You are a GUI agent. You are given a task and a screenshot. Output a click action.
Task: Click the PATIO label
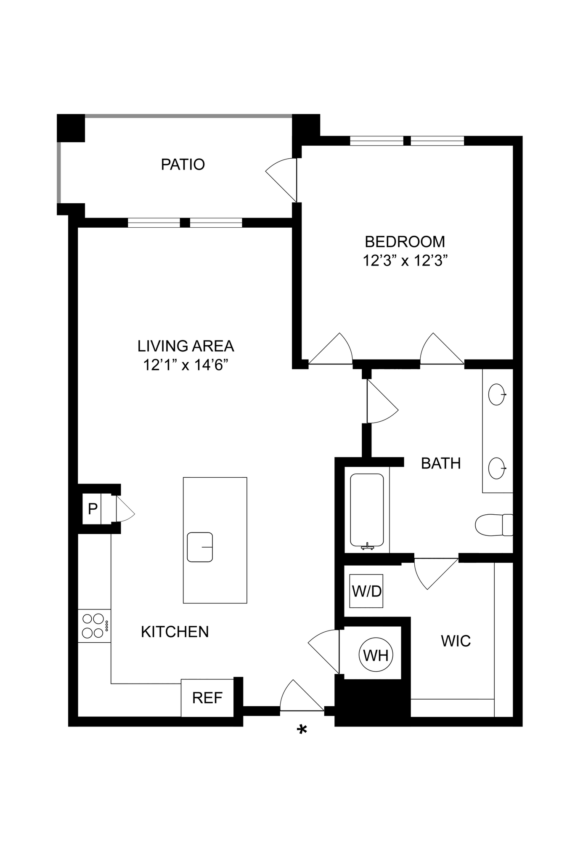point(183,164)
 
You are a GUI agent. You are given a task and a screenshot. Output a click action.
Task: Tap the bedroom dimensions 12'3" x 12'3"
point(404,261)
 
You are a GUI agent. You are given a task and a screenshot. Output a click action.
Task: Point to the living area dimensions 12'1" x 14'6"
point(185,365)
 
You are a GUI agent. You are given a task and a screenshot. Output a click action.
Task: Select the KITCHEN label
point(175,632)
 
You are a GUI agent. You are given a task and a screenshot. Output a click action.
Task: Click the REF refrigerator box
point(207,698)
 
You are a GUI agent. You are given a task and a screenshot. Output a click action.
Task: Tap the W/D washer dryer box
point(366,591)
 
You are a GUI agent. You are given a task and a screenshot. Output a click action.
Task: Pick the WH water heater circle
point(376,655)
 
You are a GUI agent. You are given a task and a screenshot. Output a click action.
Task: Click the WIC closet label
point(456,641)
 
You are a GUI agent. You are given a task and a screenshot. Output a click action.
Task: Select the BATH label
point(441,463)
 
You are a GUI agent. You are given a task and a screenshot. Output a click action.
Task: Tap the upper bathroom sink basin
point(496,395)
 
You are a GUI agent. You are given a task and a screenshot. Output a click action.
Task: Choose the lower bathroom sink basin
point(496,468)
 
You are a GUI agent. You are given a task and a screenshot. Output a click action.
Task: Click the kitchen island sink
point(200,547)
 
